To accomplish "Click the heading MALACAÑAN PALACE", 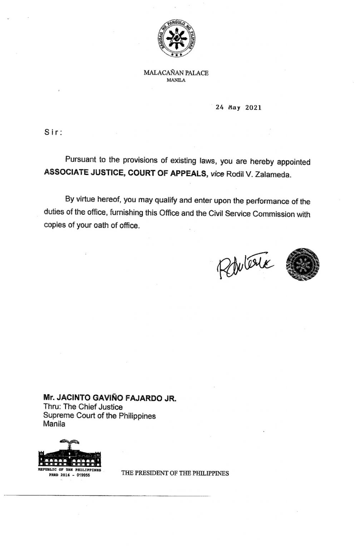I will click(x=176, y=73).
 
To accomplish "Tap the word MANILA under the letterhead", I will click(x=176, y=80).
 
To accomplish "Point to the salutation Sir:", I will click(x=53, y=132).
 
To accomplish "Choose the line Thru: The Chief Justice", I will click(x=83, y=407).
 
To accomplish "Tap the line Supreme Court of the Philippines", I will click(x=99, y=416).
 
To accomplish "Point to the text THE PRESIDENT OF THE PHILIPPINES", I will click(x=175, y=473).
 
